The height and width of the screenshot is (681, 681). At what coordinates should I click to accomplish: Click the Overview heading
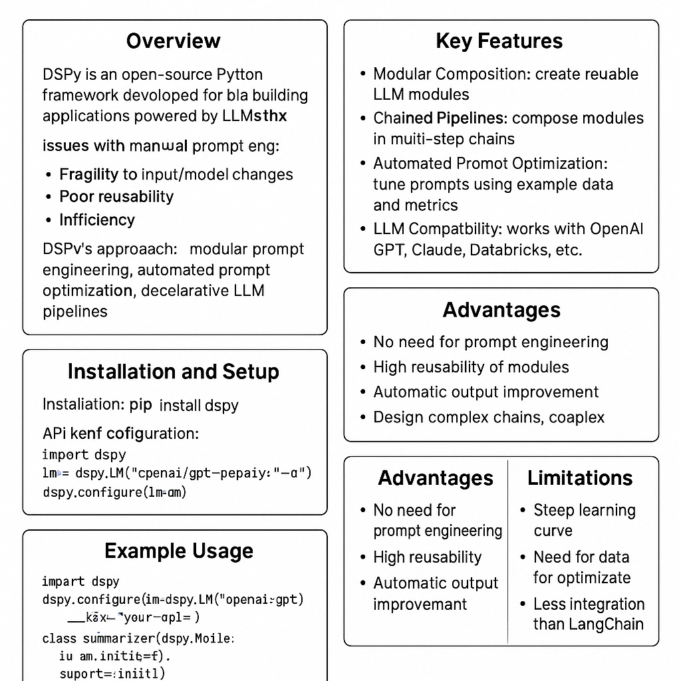[x=174, y=41]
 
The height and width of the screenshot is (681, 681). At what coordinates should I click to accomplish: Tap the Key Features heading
[x=499, y=41]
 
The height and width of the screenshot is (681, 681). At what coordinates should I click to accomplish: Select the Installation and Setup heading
[x=173, y=372]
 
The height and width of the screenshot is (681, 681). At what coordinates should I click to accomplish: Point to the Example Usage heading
[x=179, y=551]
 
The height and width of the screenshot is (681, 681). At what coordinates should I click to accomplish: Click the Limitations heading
[x=581, y=478]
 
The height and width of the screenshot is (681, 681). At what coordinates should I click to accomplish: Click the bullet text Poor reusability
[x=116, y=197]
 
